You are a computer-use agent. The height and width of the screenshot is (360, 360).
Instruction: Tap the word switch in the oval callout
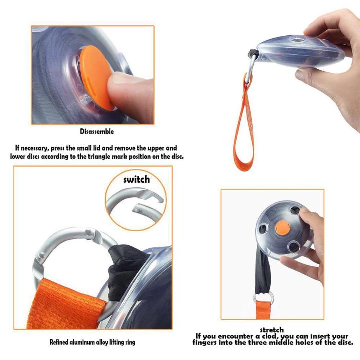point(135,179)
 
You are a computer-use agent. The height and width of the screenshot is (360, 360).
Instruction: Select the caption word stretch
point(272,330)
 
